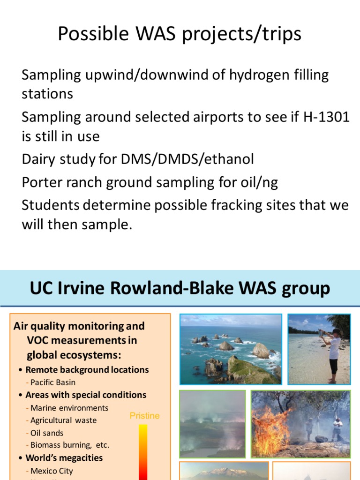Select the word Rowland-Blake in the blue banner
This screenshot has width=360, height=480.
[179, 288]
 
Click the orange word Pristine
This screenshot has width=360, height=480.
[144, 416]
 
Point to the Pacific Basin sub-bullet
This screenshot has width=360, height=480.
[53, 382]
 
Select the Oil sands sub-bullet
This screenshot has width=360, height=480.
[47, 433]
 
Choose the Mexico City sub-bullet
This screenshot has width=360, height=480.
[52, 471]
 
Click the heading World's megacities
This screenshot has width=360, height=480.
[64, 458]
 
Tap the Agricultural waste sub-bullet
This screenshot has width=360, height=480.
[63, 420]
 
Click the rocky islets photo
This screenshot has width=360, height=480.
[231, 349]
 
